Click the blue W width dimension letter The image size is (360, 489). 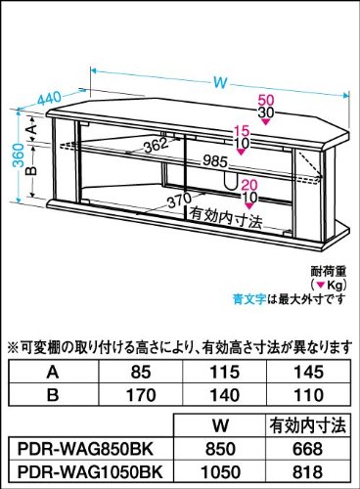[x=220, y=82]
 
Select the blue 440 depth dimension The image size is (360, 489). [x=50, y=98]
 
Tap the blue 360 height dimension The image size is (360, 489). [x=20, y=156]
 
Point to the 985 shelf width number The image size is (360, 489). [x=214, y=161]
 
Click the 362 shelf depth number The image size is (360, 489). [x=156, y=145]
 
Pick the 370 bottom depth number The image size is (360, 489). [x=180, y=200]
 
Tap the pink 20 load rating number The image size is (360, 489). [x=249, y=185]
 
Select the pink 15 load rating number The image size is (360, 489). [x=242, y=131]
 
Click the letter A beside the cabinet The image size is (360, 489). [x=33, y=129]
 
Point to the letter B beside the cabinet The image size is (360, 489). [x=33, y=170]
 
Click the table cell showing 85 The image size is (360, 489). [x=141, y=372]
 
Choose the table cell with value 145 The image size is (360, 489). [x=308, y=372]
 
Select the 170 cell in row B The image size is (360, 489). [x=141, y=395]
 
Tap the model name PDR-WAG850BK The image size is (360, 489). [x=85, y=450]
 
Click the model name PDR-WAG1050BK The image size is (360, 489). [x=90, y=472]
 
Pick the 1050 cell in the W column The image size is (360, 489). [x=220, y=472]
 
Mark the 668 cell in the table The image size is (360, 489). [x=307, y=450]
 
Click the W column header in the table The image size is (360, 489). [x=220, y=425]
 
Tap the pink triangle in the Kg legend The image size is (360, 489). [x=321, y=286]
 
